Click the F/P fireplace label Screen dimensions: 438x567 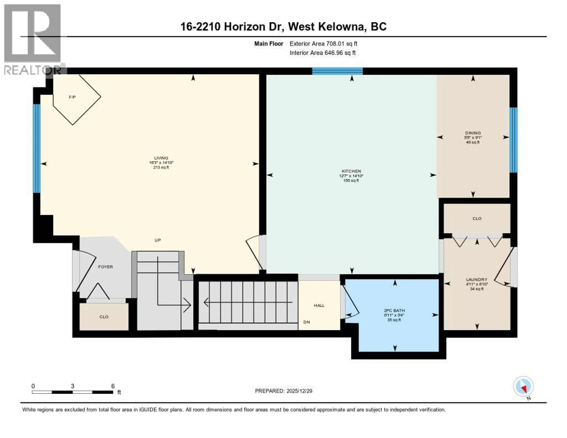click(72, 97)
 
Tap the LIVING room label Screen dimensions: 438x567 click(161, 158)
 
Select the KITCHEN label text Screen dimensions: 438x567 click(351, 171)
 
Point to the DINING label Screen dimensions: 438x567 click(473, 133)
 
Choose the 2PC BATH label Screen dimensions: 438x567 click(394, 311)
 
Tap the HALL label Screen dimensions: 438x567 click(319, 305)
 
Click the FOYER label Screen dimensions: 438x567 click(105, 267)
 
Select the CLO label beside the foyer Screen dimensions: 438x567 click(104, 317)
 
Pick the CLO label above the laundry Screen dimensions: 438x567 click(477, 219)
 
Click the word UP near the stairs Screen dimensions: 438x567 click(158, 240)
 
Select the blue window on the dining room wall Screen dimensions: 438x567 click(513, 140)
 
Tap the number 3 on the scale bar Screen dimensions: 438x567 click(72, 386)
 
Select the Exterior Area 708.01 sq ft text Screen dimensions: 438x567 click(323, 44)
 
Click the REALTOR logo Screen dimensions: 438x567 click(33, 39)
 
